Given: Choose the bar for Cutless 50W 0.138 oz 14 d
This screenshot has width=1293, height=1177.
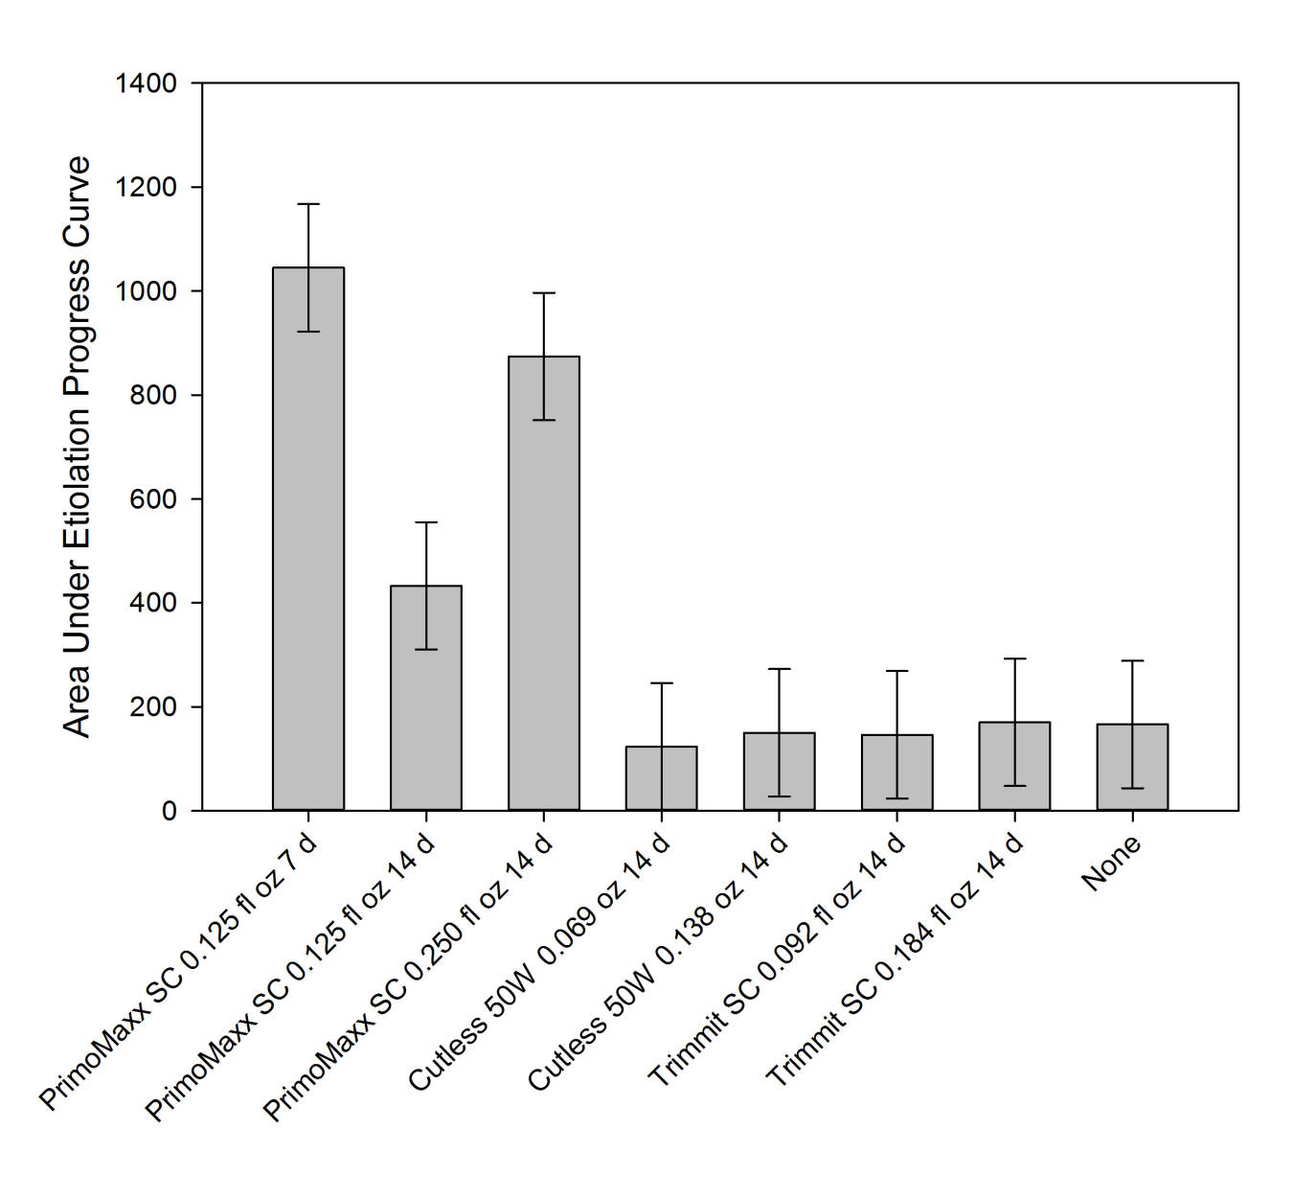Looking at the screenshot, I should point(780,772).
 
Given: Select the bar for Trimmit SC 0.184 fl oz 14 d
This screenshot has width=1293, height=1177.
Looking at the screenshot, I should point(1014,766).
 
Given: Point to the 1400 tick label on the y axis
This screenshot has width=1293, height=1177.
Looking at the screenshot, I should point(146,84).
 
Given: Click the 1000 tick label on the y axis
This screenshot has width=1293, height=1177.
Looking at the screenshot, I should point(146,291).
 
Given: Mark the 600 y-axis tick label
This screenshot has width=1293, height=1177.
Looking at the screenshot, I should point(153,499).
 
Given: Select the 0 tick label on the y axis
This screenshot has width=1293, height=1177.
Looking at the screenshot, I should point(170,812).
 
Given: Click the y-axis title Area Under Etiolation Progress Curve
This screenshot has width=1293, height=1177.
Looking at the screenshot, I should point(77,446).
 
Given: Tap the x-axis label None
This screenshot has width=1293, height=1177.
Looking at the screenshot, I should point(1111,863).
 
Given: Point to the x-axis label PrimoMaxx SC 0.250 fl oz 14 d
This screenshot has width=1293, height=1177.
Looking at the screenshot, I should point(407,978).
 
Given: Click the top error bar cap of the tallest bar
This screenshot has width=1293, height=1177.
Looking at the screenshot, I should point(308,204).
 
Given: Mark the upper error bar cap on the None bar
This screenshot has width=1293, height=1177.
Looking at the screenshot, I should point(1132,660).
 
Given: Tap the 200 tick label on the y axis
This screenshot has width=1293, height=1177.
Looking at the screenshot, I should point(153,707).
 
